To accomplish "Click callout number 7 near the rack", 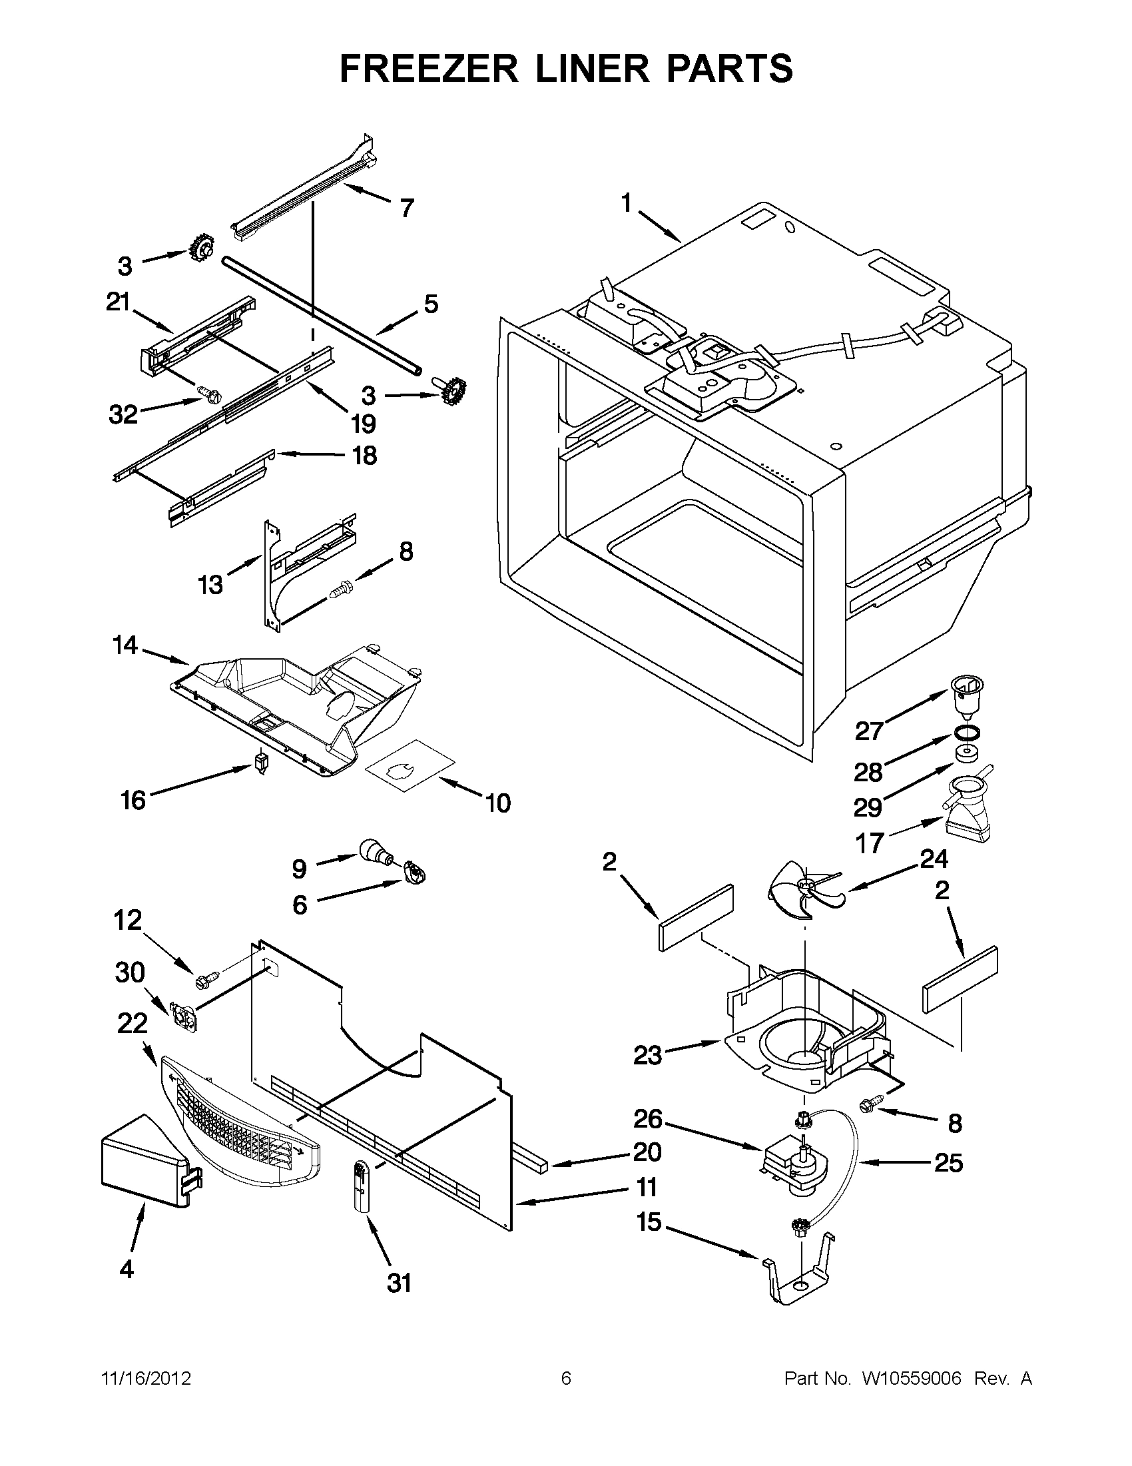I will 407,208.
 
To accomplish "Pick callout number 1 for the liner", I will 626,202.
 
